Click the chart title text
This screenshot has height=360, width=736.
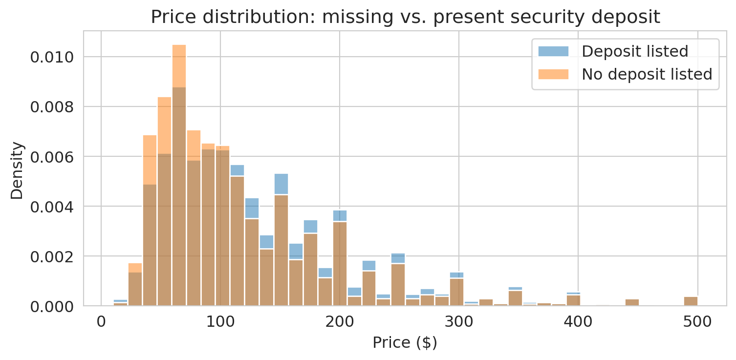coord(405,17)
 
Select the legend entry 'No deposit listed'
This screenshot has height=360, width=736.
coord(647,74)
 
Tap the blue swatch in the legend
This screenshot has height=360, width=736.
coord(553,51)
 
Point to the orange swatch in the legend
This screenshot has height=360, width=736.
coord(553,74)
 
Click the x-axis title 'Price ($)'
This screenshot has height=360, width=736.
coord(405,343)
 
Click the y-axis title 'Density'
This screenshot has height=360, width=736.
coord(17,170)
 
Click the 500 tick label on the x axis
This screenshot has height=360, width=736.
coord(697,322)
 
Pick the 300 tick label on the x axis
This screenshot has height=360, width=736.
coord(459,322)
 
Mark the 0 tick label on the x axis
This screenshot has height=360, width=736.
coord(101,322)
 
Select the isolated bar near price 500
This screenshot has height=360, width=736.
coord(691,301)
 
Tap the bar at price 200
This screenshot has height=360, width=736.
coord(340,264)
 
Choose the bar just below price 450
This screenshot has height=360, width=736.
coord(632,302)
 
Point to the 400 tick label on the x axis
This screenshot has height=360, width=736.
coord(578,322)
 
